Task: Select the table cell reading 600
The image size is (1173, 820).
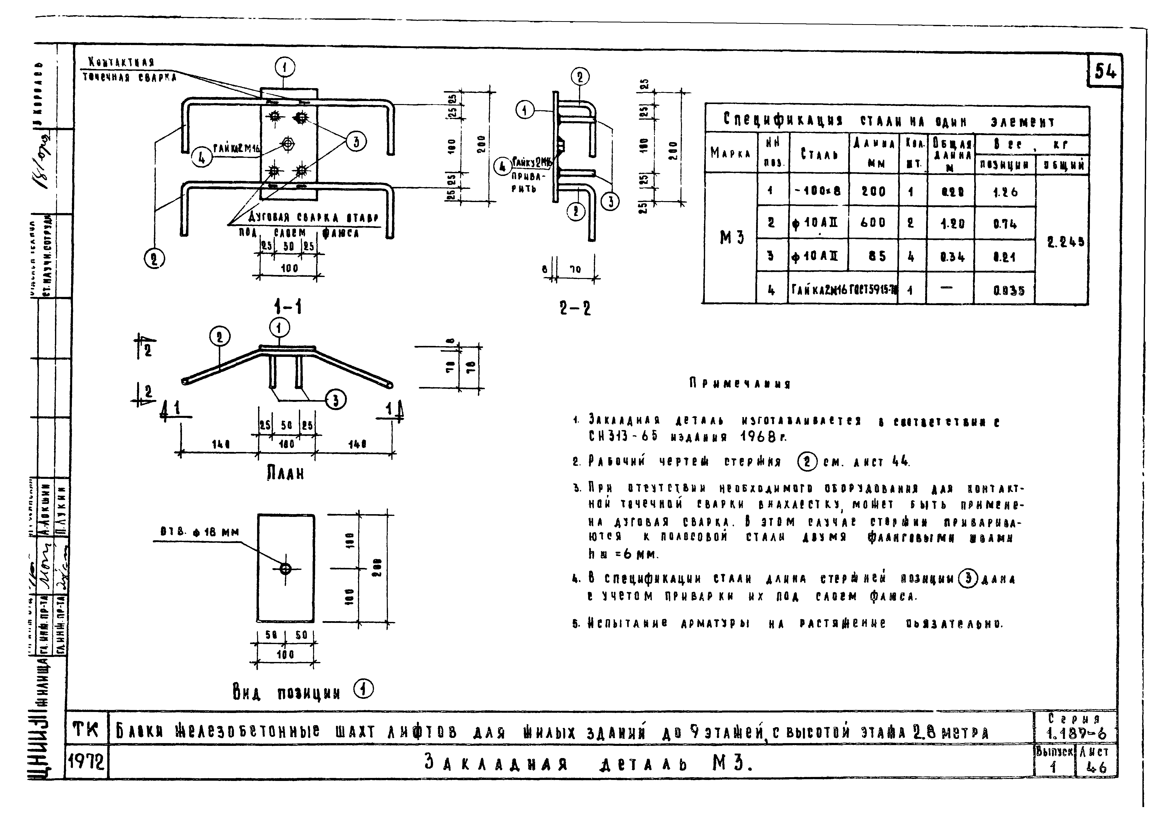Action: click(x=873, y=223)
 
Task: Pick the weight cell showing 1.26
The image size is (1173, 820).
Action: click(x=1005, y=192)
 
